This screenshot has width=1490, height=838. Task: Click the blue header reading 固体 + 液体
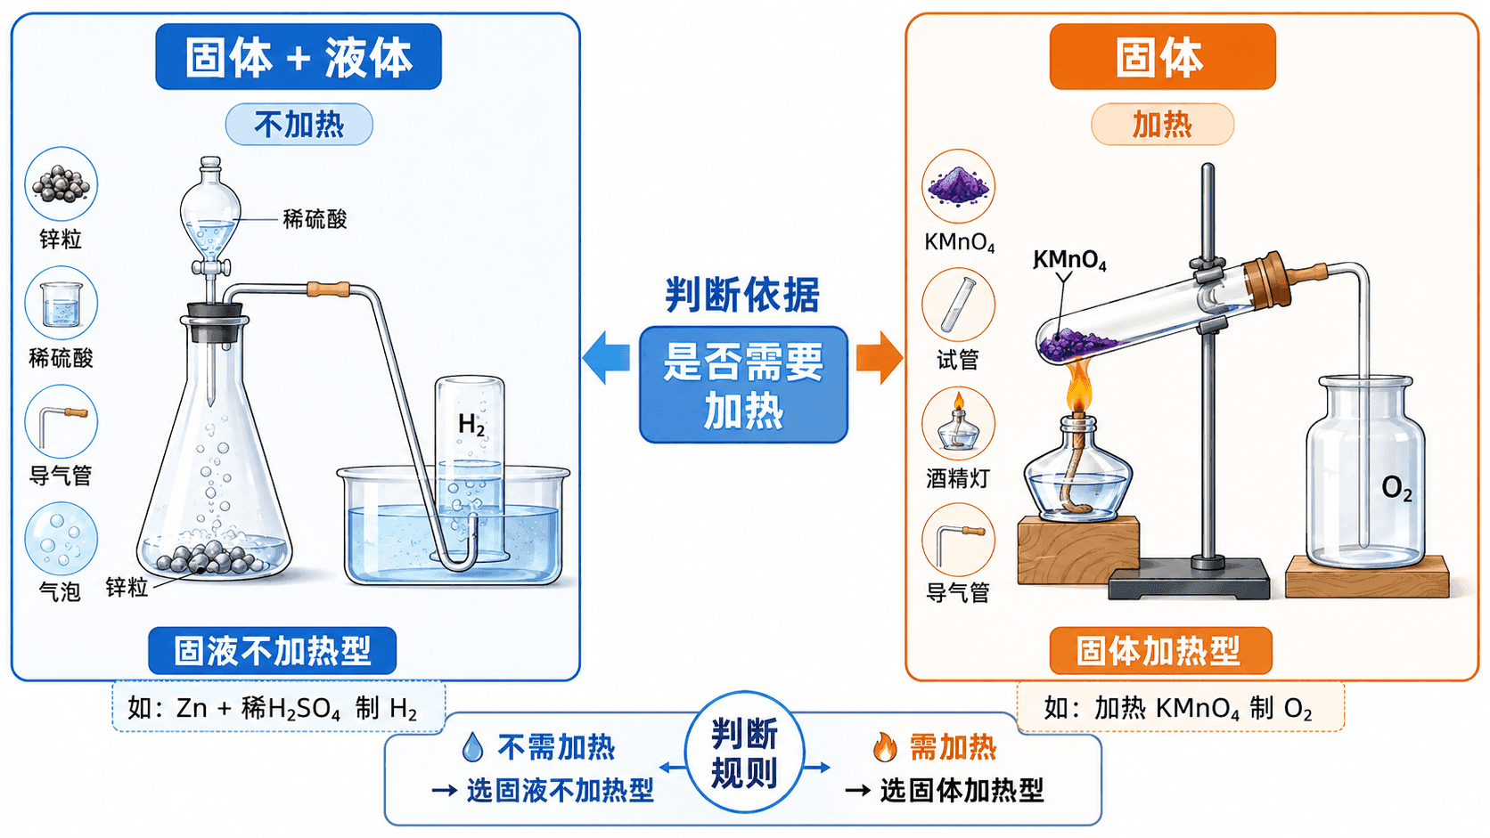point(298,56)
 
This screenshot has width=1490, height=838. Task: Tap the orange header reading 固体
point(1162,56)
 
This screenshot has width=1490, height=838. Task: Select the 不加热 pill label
point(299,125)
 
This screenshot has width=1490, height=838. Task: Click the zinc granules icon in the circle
point(61,184)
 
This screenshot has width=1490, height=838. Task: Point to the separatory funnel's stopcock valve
point(211,267)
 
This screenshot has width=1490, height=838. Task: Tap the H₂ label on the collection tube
point(471,425)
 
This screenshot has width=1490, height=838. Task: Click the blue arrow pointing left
point(606,357)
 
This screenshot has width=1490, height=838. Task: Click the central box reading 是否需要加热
point(743,384)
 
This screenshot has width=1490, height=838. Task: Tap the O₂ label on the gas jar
point(1396,488)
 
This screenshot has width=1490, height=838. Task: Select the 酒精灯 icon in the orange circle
point(958,423)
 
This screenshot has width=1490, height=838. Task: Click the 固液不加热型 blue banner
point(272,651)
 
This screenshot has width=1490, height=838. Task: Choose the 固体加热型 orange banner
point(1161,651)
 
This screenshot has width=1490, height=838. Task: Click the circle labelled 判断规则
point(744,752)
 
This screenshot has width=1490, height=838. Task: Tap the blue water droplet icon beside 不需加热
point(472,747)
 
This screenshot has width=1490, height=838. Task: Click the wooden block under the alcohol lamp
point(1077,550)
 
